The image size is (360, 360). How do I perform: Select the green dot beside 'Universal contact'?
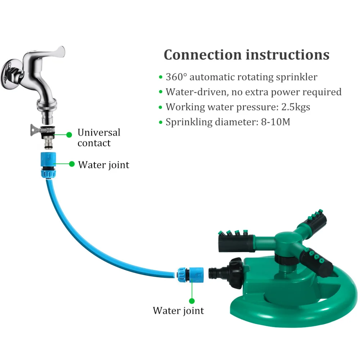(x=69, y=135)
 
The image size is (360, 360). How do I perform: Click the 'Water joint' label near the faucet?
(x=104, y=165)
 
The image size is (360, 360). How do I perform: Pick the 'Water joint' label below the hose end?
(x=178, y=310)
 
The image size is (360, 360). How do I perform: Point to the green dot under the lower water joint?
(x=192, y=300)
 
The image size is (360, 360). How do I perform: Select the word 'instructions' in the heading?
(x=288, y=55)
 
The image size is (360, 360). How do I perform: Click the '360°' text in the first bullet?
(x=176, y=77)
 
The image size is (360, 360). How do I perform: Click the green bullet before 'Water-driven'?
(x=161, y=92)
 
